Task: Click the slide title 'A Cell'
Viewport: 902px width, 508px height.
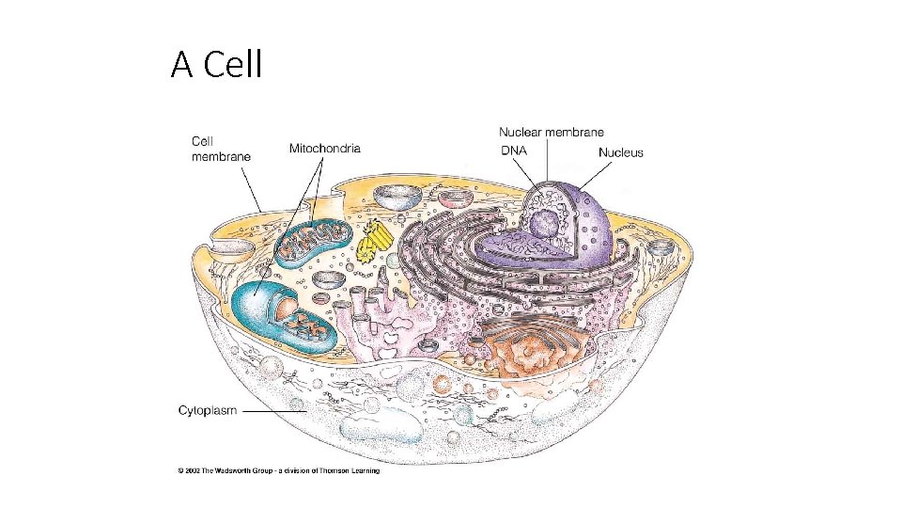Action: tap(217, 65)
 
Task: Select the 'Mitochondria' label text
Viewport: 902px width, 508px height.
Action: tap(324, 149)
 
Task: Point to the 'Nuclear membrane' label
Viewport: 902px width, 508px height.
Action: tap(551, 133)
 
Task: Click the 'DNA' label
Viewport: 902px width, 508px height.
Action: tap(513, 151)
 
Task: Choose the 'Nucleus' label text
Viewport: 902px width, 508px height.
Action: tap(620, 152)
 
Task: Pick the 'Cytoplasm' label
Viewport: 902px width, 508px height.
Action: tap(208, 410)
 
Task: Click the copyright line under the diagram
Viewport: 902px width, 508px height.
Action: tap(278, 470)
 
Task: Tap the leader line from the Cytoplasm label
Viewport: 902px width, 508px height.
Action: tap(275, 411)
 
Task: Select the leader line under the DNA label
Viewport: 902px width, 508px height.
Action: tap(525, 173)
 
